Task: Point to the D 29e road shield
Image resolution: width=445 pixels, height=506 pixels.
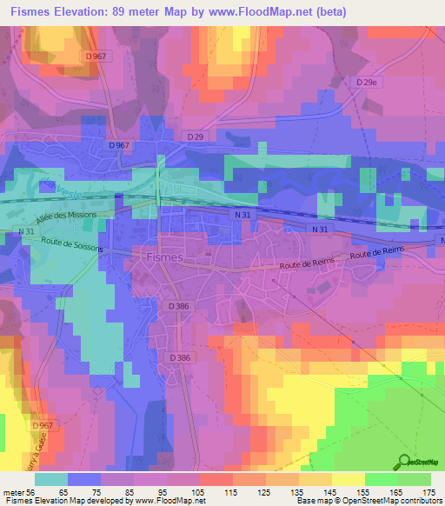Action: pyautogui.click(x=369, y=82)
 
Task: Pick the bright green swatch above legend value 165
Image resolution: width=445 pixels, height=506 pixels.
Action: pyautogui.click(x=382, y=480)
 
